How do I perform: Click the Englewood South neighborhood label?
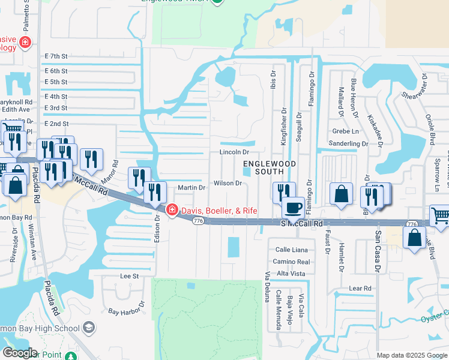pos(270,167)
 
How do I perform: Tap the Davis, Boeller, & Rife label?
pos(216,210)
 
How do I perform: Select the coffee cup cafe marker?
pos(293,208)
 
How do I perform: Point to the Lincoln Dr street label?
pos(234,152)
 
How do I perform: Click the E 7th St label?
pos(56,56)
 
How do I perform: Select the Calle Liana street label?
pos(291,250)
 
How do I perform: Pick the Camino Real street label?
pos(291,262)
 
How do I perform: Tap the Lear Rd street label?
pos(360,288)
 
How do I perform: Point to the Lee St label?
pos(130,276)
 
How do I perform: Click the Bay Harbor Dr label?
pos(127,312)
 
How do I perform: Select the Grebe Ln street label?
pos(345,131)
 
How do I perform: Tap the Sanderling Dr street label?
pos(349,144)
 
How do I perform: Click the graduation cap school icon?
pos(89,328)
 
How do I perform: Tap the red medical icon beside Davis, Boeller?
pos(172,210)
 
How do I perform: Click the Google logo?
pos(19,353)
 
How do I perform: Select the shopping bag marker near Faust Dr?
pos(341,195)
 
